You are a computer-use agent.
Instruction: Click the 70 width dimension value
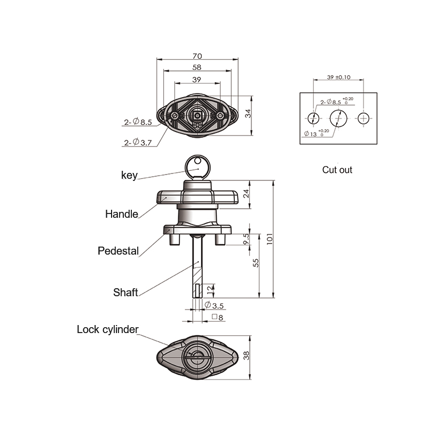(x=197, y=56)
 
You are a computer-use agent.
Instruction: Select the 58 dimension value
(x=196, y=67)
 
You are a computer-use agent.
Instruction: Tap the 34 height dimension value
(x=248, y=114)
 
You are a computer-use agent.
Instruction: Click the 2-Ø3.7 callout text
(x=138, y=143)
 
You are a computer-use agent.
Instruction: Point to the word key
(x=129, y=175)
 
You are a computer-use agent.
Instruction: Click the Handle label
(x=122, y=214)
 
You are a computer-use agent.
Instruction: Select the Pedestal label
(x=118, y=251)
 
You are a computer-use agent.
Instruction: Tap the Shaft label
(x=125, y=292)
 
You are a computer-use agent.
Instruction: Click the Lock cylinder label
(x=108, y=329)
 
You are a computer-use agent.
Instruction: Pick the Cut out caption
(x=337, y=170)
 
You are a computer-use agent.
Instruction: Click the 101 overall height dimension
(x=270, y=239)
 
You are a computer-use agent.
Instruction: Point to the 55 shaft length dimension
(x=256, y=263)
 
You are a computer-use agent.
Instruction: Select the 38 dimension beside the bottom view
(x=246, y=355)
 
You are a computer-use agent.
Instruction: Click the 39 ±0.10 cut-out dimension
(x=338, y=77)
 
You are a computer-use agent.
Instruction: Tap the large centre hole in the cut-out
(x=338, y=118)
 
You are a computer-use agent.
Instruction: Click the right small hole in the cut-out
(x=363, y=118)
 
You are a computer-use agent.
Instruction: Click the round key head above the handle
(x=197, y=167)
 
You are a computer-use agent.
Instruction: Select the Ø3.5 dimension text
(x=214, y=305)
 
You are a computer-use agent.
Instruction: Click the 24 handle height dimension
(x=246, y=194)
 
